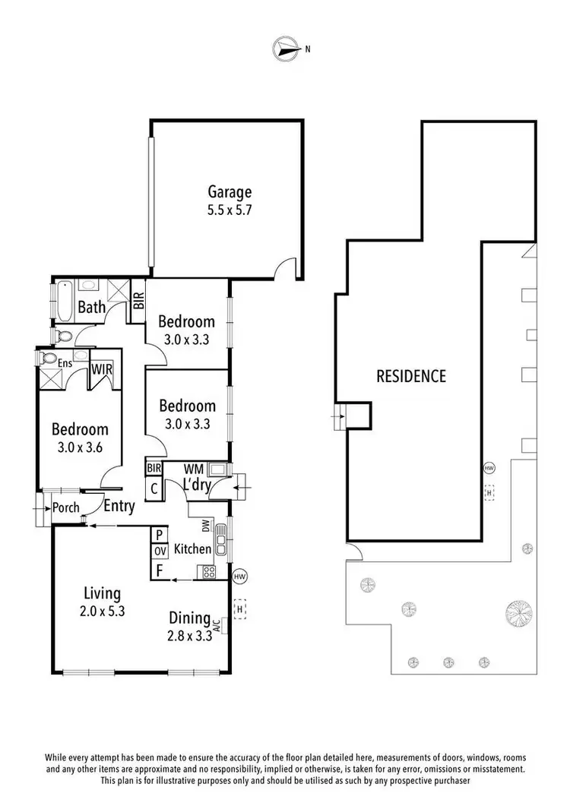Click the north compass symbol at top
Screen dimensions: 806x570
[x=285, y=49]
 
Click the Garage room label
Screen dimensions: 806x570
[x=230, y=192]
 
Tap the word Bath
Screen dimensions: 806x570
[x=92, y=307]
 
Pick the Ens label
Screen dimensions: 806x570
[x=65, y=365]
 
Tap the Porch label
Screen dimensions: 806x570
[x=66, y=507]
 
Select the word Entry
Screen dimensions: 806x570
[x=119, y=506]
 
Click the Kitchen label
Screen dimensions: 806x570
[x=193, y=548]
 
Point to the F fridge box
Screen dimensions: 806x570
[x=160, y=568]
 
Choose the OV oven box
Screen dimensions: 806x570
[x=160, y=550]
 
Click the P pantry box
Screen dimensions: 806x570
[x=160, y=534]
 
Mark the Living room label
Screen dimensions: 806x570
[x=103, y=593]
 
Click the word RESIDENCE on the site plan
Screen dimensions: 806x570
[x=411, y=375]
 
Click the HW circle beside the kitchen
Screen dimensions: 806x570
[x=240, y=577]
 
